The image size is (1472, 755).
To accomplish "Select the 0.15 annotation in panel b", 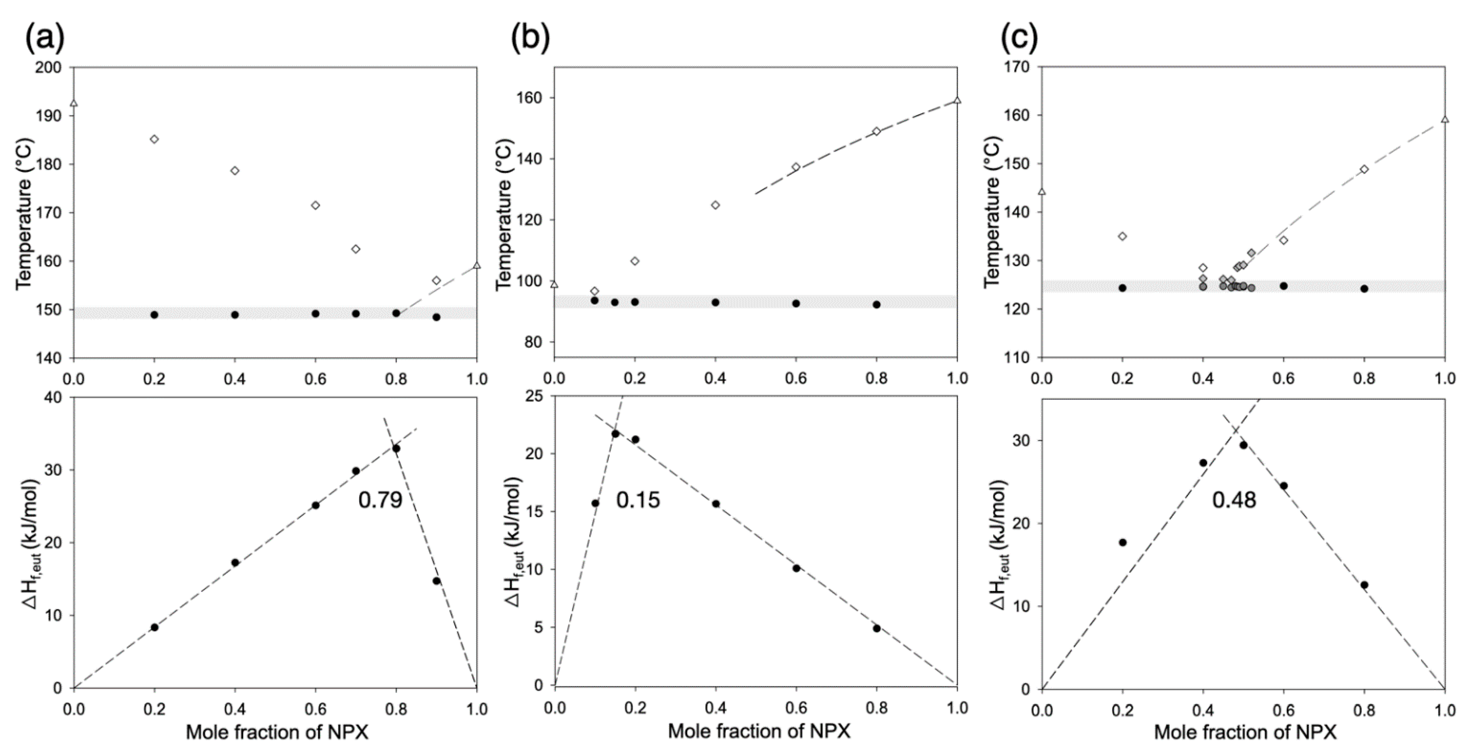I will click(638, 500).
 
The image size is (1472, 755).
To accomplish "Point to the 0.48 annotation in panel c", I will click(1234, 500).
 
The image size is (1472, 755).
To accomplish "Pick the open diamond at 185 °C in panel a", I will click(154, 139).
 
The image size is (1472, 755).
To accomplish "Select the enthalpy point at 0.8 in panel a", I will click(396, 449).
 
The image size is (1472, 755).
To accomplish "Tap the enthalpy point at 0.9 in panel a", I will click(437, 581).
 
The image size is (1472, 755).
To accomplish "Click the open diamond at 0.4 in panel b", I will click(715, 205).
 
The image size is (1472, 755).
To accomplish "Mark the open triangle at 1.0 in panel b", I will click(957, 101).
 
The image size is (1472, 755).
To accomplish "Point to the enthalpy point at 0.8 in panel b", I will click(877, 628).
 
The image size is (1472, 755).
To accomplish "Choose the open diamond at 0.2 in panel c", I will click(1122, 236).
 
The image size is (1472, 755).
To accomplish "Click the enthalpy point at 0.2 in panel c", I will click(1122, 542).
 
